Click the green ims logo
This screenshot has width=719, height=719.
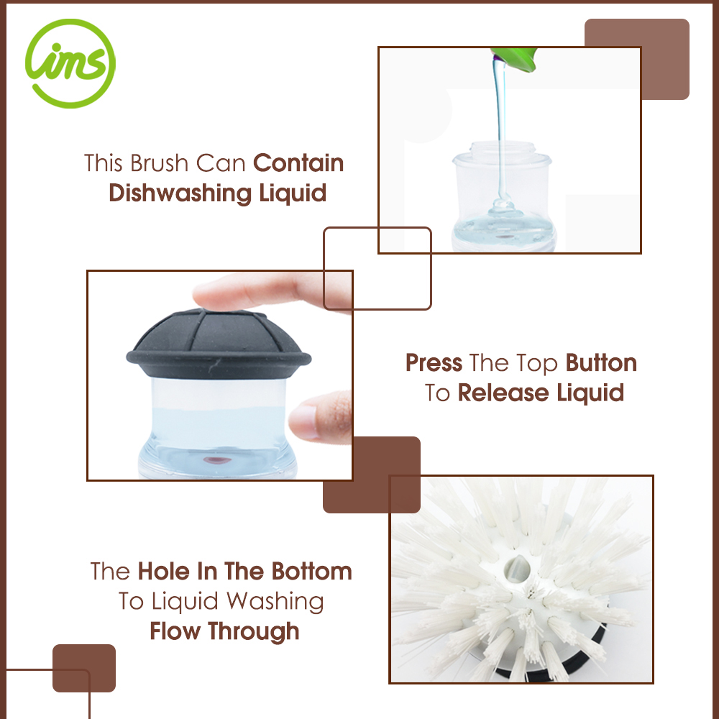click(x=70, y=64)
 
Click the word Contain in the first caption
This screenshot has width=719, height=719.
click(x=298, y=163)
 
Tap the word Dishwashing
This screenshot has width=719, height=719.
click(x=180, y=193)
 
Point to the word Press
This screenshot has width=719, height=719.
click(x=434, y=363)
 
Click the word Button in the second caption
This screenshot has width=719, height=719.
click(x=601, y=363)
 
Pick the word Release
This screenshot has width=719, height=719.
click(x=503, y=393)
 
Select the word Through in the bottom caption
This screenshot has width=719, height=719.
click(x=254, y=631)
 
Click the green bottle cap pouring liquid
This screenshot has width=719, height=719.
click(x=514, y=59)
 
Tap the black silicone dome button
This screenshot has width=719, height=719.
click(x=219, y=343)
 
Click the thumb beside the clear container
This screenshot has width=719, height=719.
click(x=321, y=416)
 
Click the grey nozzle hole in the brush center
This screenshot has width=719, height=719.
click(x=517, y=569)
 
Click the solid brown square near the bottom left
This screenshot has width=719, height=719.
click(x=84, y=668)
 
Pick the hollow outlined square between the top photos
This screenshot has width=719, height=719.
click(x=377, y=228)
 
